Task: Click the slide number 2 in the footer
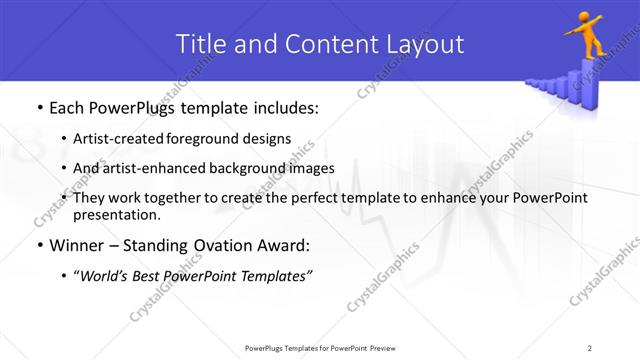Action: (590, 347)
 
